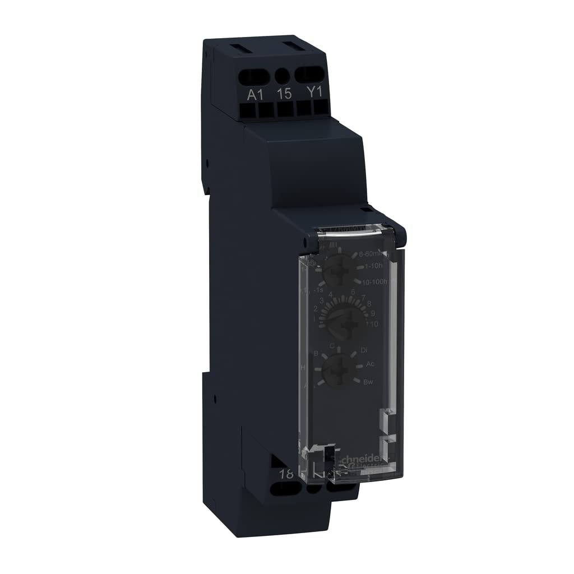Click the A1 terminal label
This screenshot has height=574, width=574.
click(256, 94)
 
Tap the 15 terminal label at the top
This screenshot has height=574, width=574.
click(285, 93)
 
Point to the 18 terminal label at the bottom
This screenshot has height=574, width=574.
click(286, 474)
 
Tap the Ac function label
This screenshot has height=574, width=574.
click(370, 364)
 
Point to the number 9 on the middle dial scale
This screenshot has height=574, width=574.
click(373, 313)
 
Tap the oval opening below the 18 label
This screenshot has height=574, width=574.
click(284, 489)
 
